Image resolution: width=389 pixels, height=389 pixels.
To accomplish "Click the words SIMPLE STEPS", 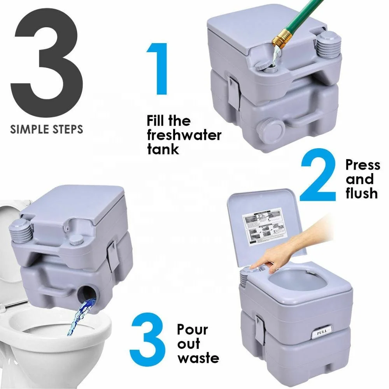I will tap(47, 129).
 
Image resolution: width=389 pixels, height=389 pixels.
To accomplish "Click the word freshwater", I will tap(184, 135).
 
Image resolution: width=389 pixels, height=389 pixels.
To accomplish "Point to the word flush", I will tap(362, 193).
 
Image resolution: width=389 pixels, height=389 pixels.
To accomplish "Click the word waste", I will tap(198, 357).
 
